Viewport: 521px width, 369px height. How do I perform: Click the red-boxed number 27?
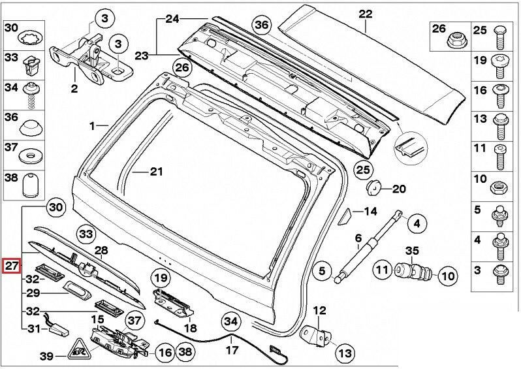[x=12, y=266]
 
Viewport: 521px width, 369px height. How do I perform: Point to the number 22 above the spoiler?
[x=365, y=13]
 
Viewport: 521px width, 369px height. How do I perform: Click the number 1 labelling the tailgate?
[x=93, y=125]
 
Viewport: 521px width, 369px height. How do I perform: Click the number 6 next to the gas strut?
[x=358, y=238]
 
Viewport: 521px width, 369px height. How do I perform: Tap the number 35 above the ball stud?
[x=412, y=250]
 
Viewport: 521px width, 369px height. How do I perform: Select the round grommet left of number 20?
[x=374, y=188]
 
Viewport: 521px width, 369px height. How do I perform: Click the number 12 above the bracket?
[x=319, y=310]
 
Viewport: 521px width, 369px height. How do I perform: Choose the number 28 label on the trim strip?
[x=101, y=251]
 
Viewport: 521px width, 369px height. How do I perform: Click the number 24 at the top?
[x=172, y=19]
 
